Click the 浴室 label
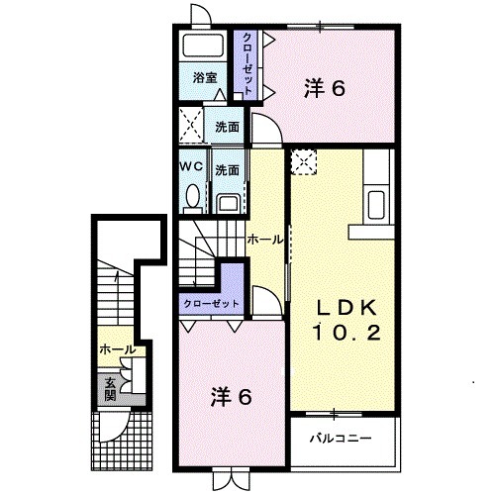205,77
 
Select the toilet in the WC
192,198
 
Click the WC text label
191,167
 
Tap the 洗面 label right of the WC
228,168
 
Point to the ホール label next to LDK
264,240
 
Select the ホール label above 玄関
116,349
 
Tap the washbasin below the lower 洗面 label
228,203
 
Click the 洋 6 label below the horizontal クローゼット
230,398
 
